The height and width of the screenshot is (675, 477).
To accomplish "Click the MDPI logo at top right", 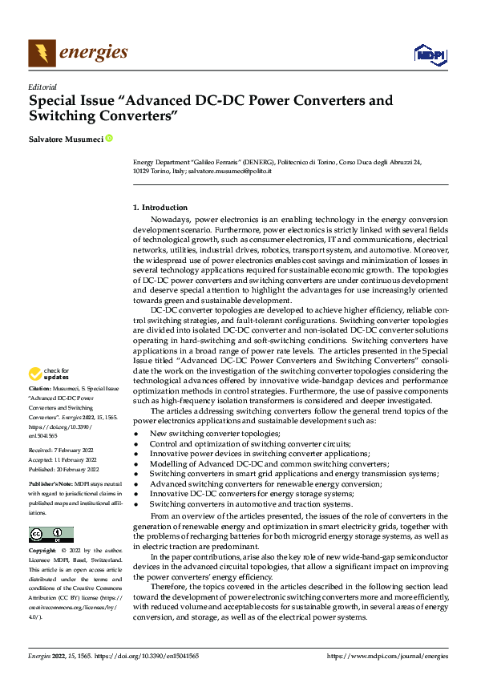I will coord(430,55).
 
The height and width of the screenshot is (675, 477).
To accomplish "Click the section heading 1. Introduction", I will coord(160,208).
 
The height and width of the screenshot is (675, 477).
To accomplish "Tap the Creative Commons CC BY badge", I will coord(51,535).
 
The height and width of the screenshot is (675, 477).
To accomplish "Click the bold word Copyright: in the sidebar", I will coord(42,552).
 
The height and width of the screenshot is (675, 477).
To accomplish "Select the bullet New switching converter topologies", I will coord(215,433).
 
